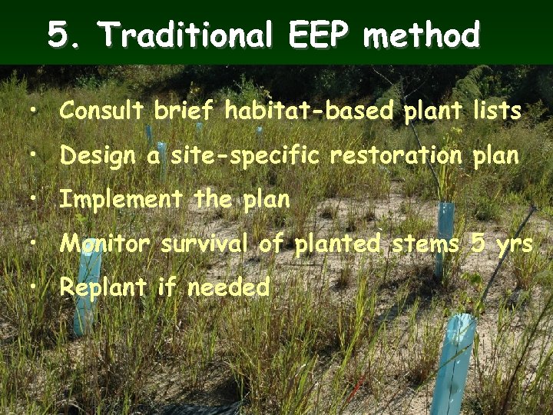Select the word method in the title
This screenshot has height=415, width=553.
(x=422, y=35)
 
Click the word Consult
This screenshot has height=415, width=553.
(x=102, y=111)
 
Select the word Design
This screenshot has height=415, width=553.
(x=98, y=156)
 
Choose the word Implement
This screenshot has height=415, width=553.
(x=121, y=200)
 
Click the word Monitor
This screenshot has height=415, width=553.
(x=105, y=244)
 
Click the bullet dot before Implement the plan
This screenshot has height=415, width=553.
(x=35, y=200)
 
